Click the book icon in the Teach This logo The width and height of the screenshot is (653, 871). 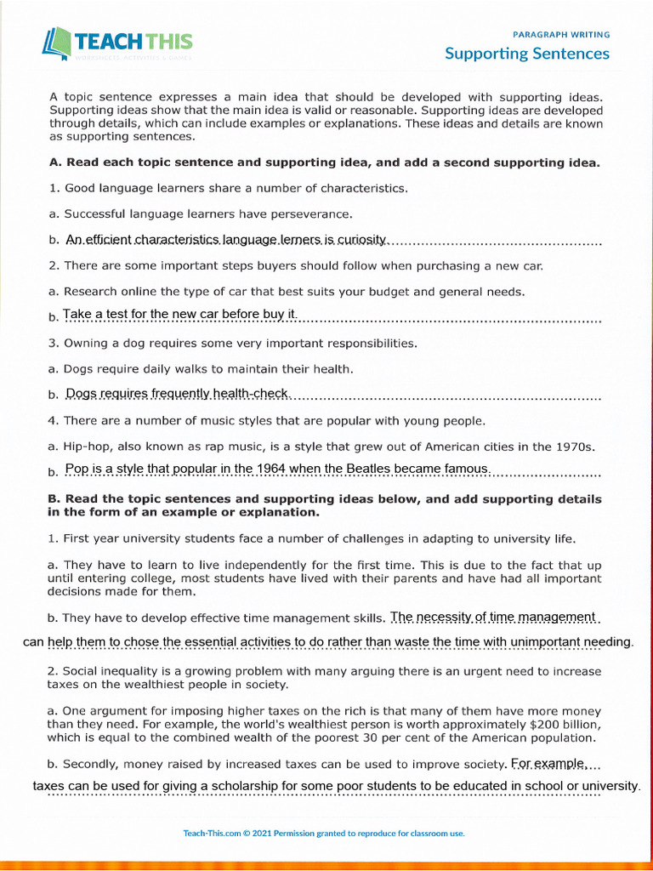57,43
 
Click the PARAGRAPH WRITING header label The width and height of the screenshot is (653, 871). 561,35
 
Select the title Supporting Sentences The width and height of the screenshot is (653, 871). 527,54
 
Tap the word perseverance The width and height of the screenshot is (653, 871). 315,214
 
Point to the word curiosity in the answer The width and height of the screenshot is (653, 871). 361,241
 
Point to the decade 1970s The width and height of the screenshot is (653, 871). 571,447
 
